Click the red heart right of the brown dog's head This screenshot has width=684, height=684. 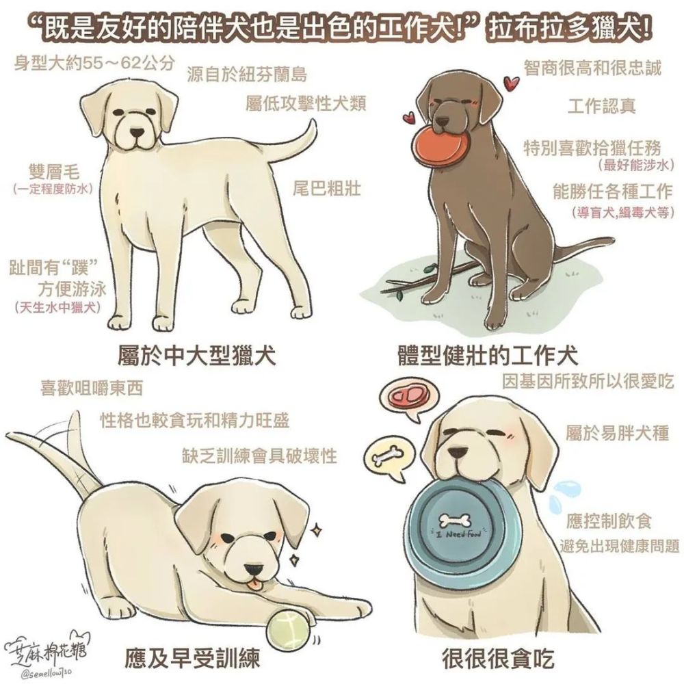[511, 81]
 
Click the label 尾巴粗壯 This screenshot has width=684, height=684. [327, 189]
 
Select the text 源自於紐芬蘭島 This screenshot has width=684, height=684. [248, 75]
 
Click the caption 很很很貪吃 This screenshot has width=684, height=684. [498, 658]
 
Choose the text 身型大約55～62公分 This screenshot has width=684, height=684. [94, 64]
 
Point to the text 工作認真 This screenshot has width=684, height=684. [602, 106]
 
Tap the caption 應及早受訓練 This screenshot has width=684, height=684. [192, 659]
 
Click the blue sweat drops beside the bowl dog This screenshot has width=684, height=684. [563, 495]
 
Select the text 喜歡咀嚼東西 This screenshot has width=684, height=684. [92, 388]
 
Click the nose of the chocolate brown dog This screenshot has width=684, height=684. [444, 122]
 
